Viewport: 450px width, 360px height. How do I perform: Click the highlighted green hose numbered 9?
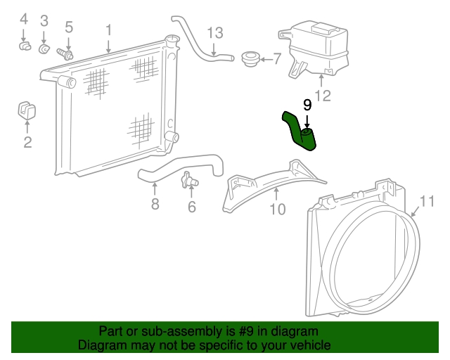[295, 132]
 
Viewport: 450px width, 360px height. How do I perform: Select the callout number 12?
[323, 96]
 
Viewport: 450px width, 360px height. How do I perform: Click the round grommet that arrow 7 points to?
[250, 59]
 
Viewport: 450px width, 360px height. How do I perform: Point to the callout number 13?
[215, 33]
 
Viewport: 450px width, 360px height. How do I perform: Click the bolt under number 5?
[65, 53]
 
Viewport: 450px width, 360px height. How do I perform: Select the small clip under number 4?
[25, 46]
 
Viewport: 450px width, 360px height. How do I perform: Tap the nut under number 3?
[44, 49]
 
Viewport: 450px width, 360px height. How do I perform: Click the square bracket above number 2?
[27, 110]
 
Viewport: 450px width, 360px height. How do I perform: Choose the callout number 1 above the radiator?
[108, 30]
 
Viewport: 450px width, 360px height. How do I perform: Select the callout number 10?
[278, 209]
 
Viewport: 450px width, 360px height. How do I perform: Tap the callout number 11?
[427, 201]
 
